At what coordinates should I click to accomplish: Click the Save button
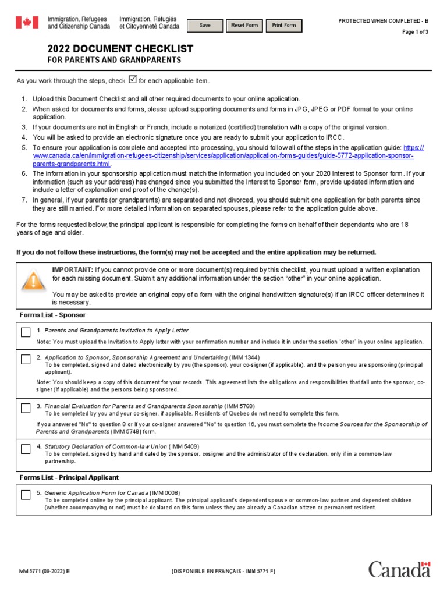click(x=205, y=26)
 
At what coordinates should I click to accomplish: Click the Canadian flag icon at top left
click(x=26, y=23)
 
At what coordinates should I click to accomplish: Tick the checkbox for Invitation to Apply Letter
click(x=26, y=332)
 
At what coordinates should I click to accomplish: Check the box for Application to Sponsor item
click(x=26, y=359)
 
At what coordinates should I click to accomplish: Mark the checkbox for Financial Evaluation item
click(x=26, y=408)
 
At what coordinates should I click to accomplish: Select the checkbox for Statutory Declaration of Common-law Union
click(x=26, y=449)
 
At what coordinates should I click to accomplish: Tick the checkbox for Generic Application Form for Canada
click(x=26, y=495)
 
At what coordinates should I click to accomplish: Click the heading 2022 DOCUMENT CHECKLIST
click(x=120, y=49)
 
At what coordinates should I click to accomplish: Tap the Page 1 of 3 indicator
click(x=415, y=32)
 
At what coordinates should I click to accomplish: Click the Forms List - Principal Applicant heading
click(x=69, y=477)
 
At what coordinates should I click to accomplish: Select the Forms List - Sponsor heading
click(x=52, y=315)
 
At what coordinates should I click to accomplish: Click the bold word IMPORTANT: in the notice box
click(x=73, y=269)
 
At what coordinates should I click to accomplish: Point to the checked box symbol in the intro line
click(x=132, y=80)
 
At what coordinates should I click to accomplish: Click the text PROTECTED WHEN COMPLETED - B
click(x=383, y=21)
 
